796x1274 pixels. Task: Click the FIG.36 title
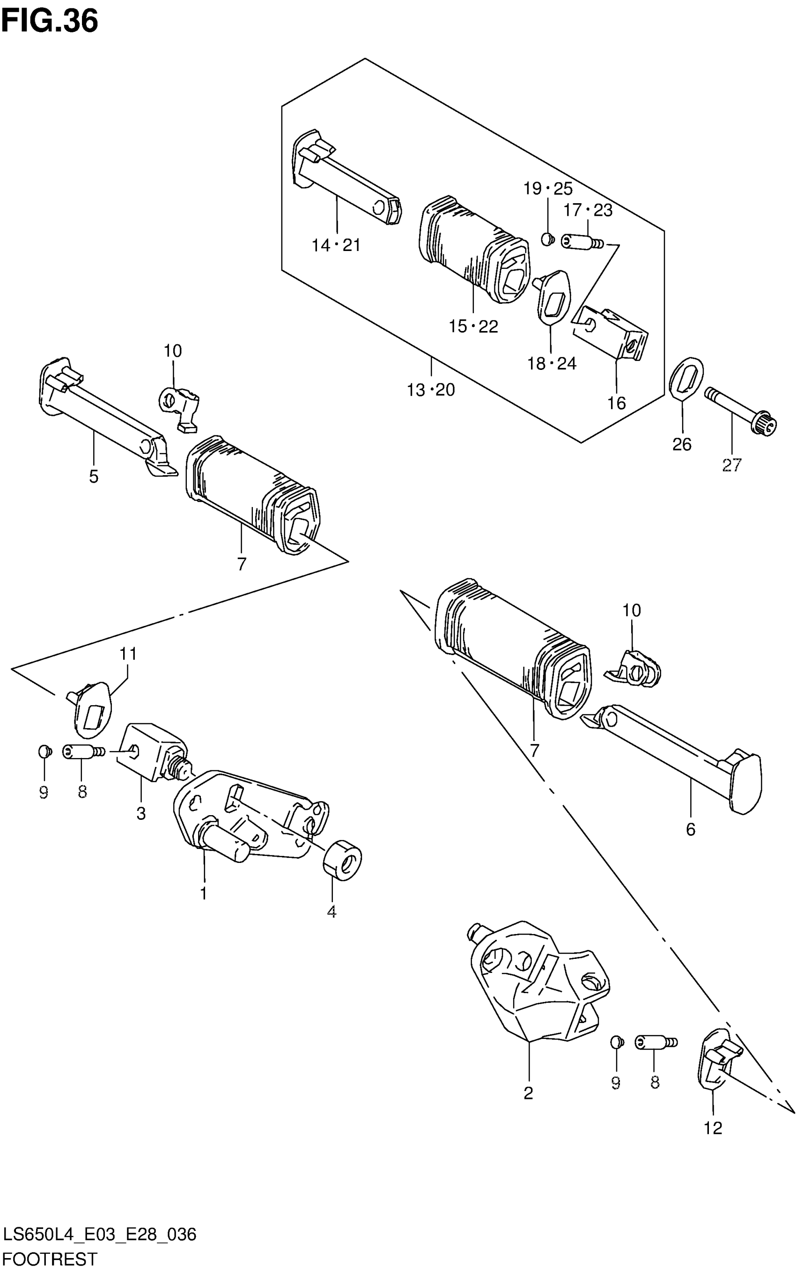(50, 22)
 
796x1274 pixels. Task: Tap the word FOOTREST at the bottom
(50, 1259)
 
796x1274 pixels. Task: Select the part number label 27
(731, 465)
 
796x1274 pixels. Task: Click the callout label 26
(682, 444)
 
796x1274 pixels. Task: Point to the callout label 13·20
(431, 390)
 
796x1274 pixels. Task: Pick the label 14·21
(336, 245)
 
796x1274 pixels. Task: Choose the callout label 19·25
(547, 189)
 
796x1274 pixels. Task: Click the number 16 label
(617, 403)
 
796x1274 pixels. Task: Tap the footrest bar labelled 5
(100, 411)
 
